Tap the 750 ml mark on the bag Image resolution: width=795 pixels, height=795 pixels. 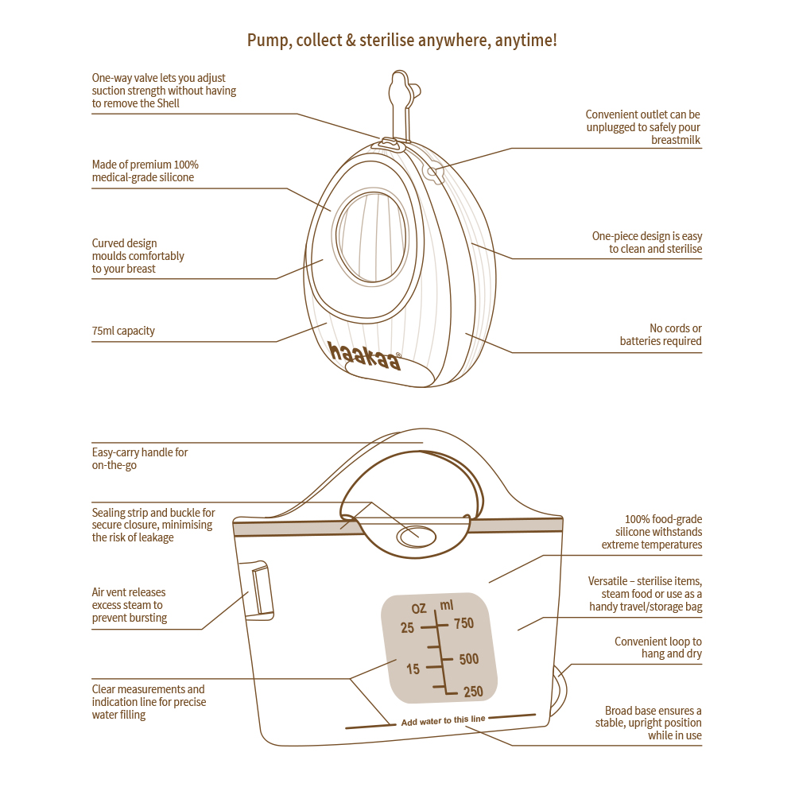(x=463, y=624)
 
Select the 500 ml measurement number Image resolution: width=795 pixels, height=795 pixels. (x=468, y=659)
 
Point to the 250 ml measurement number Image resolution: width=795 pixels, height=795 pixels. (x=472, y=692)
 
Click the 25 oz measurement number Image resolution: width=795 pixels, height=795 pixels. (x=407, y=628)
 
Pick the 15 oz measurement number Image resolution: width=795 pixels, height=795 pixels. (x=413, y=669)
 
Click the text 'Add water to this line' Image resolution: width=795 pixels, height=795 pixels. (x=442, y=721)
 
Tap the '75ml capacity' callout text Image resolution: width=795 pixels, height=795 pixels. (x=123, y=331)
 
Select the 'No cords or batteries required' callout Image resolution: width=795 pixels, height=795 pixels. (x=661, y=335)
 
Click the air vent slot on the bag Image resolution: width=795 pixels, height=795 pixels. (x=259, y=591)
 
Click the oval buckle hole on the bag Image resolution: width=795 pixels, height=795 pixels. (x=418, y=537)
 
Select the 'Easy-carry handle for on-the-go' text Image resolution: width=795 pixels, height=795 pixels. (x=140, y=459)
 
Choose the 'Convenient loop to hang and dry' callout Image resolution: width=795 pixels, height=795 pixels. (x=658, y=647)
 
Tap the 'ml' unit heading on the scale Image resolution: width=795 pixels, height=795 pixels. (x=447, y=607)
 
